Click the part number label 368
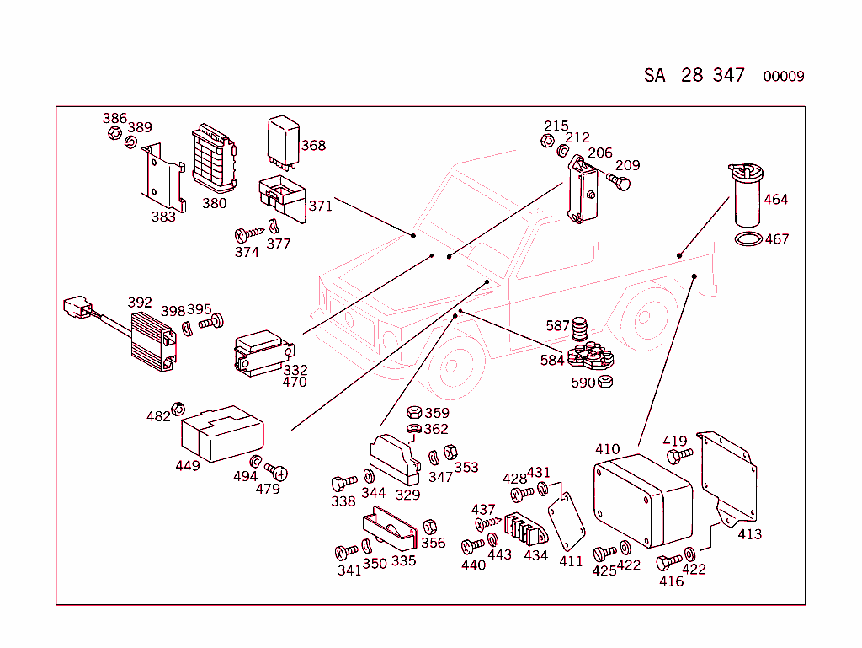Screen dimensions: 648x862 (312, 146)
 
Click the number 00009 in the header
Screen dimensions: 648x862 (783, 77)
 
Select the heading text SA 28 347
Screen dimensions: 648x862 (694, 75)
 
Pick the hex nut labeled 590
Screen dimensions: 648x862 (604, 383)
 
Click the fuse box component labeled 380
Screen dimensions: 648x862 (212, 159)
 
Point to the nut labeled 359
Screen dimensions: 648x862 (413, 413)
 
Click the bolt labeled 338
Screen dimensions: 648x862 (343, 484)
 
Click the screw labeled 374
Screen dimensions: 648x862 (249, 233)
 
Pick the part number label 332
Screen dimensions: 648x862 (295, 370)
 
